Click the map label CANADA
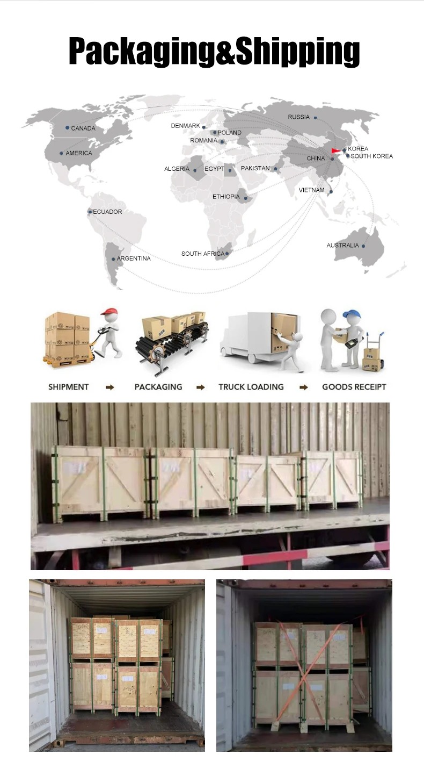[83, 128]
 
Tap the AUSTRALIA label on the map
[342, 246]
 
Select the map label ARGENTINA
[134, 258]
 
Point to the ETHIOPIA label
[226, 197]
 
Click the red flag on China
[336, 150]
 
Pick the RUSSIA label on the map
[298, 117]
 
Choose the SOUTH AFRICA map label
[202, 254]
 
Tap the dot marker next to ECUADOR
[90, 212]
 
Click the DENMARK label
[185, 126]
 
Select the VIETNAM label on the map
[311, 190]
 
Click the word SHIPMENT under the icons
[68, 387]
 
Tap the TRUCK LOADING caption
[251, 387]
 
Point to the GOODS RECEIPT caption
[354, 387]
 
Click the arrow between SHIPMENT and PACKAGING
[110, 387]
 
